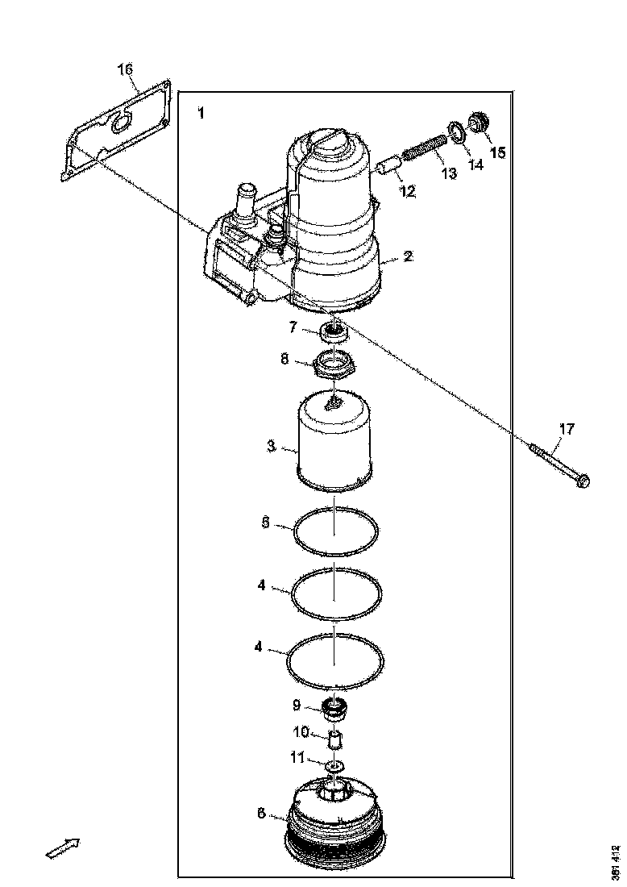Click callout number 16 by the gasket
point(125,69)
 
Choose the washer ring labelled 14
point(455,131)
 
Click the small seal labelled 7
point(334,329)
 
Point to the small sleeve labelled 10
point(337,737)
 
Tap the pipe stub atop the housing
point(243,200)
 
